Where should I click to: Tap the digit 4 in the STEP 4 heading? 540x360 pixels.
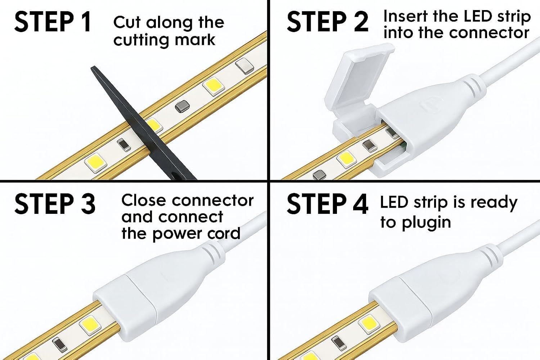[x=360, y=204]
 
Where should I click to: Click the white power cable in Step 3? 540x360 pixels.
[x=245, y=230]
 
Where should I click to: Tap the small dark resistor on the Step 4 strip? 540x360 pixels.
[x=338, y=342]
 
